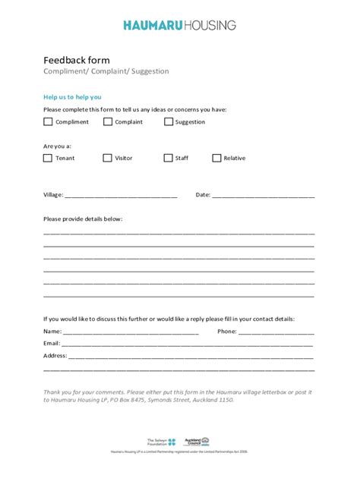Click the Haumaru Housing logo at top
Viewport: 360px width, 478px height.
click(179, 25)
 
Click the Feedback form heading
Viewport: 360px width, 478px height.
click(77, 60)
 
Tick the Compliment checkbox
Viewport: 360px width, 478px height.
click(48, 121)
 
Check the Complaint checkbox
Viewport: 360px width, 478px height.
click(107, 121)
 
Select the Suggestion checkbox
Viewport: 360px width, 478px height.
click(168, 121)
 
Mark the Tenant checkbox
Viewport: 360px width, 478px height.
click(48, 158)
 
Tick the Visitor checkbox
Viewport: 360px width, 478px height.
click(107, 158)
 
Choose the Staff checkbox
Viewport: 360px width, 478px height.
click(168, 158)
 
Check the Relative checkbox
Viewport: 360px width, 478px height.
click(216, 158)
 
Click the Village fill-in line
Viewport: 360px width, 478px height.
click(121, 196)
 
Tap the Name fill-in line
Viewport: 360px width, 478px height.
click(131, 332)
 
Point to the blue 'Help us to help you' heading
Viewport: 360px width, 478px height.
click(72, 97)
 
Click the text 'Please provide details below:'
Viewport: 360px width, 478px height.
click(83, 219)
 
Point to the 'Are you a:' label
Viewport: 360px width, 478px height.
click(58, 146)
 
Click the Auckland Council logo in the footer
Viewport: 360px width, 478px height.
click(194, 441)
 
